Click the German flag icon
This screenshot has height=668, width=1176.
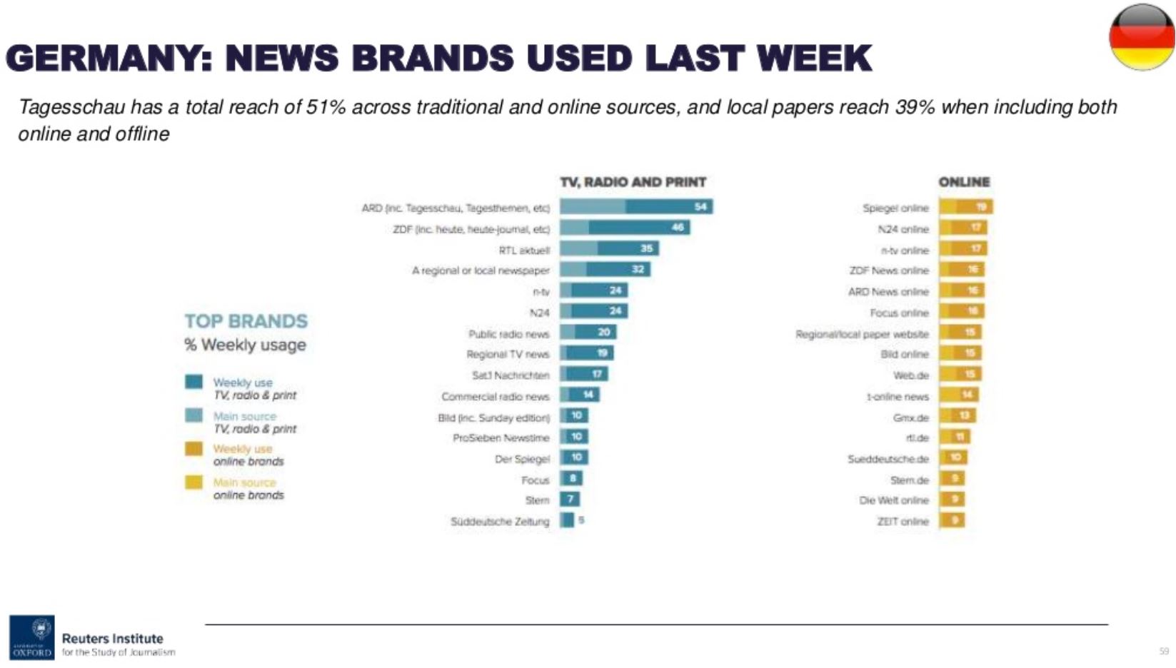(x=1142, y=37)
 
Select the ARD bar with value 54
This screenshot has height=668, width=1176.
(x=636, y=207)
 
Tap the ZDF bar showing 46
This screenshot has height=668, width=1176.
(x=625, y=228)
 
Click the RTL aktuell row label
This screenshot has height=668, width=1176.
(x=524, y=250)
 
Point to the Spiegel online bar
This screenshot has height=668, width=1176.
(x=965, y=207)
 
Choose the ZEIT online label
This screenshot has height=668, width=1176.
(x=903, y=522)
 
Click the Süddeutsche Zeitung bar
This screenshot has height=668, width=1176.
(x=567, y=520)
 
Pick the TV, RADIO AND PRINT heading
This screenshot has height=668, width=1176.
(x=633, y=182)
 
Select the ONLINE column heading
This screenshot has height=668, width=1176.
(x=964, y=182)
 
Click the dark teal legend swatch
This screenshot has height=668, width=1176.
(x=194, y=382)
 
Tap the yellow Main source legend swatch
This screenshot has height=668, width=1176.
(x=194, y=482)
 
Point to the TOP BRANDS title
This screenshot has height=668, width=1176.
(x=246, y=321)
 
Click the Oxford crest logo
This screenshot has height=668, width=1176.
(x=32, y=637)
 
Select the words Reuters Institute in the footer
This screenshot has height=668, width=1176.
(x=113, y=639)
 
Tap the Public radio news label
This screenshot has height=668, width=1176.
(x=509, y=334)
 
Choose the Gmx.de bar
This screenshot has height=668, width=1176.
(x=957, y=416)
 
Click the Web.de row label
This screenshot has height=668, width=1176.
(x=911, y=375)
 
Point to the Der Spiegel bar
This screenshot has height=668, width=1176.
(x=573, y=457)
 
